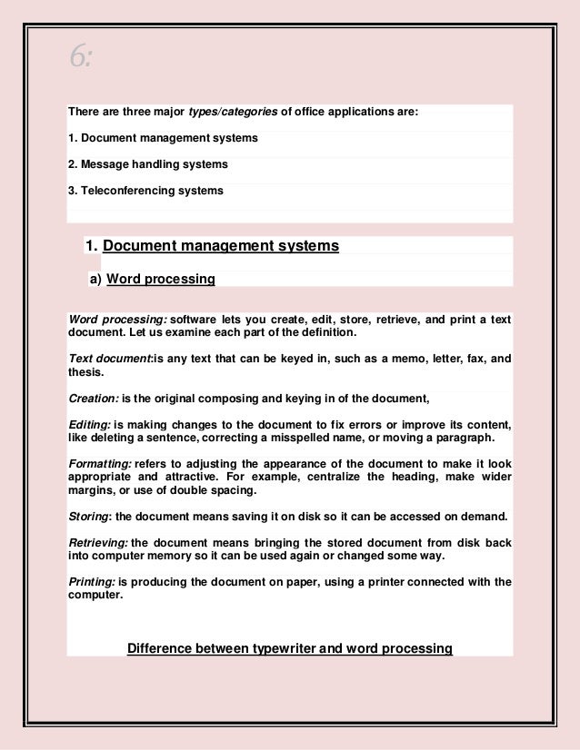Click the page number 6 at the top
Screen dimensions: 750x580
pos(80,57)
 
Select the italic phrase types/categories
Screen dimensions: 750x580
pos(232,112)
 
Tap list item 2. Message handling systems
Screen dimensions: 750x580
pos(147,164)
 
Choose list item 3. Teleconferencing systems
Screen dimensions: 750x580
pos(145,191)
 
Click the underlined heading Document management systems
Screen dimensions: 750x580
pos(221,246)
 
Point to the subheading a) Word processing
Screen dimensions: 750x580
pos(152,280)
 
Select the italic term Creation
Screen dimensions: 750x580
pos(93,398)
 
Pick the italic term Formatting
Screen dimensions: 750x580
pos(100,463)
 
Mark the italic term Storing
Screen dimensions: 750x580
pos(89,517)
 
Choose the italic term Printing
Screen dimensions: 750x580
pos(91,582)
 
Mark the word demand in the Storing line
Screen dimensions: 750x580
pos(484,517)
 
